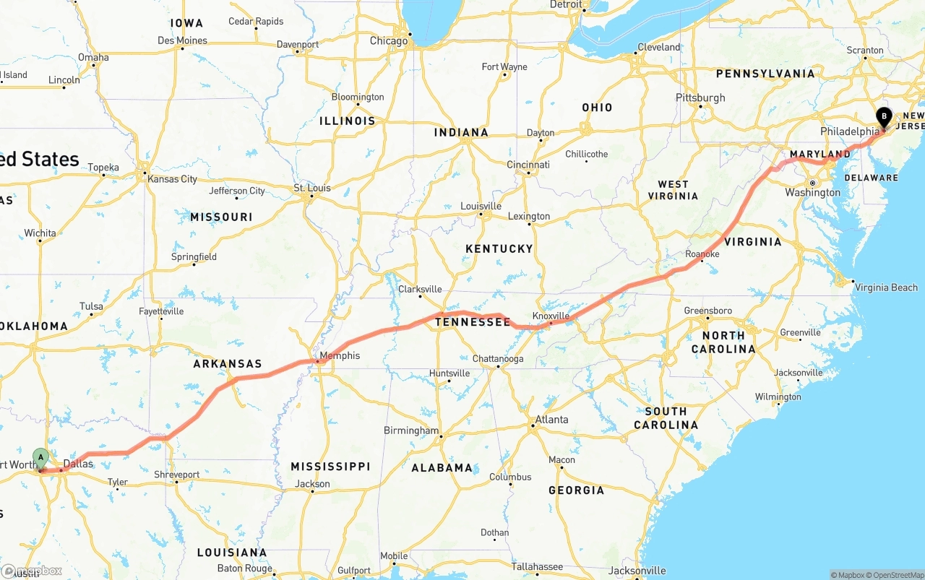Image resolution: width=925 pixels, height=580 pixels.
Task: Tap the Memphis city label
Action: pos(340,355)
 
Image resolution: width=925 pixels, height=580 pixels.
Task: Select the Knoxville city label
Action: pos(551,316)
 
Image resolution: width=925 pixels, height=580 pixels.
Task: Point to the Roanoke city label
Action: pos(702,254)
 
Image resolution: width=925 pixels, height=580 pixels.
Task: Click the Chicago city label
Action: pos(389,41)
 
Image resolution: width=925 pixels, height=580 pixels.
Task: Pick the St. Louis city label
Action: pos(312,189)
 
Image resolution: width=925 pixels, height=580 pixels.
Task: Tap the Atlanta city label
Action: pos(551,420)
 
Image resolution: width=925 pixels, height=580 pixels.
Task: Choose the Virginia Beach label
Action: pos(886,287)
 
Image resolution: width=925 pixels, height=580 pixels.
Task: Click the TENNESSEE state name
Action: pos(473,322)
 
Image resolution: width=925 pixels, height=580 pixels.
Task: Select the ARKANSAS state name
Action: pos(228,364)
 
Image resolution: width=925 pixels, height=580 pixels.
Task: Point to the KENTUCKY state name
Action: pos(499,248)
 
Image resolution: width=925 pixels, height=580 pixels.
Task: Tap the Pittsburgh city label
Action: pos(700,98)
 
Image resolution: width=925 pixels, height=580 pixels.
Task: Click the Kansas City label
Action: pos(172,178)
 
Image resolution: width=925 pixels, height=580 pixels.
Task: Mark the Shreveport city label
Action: pos(176,475)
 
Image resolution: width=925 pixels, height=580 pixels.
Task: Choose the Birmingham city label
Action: pos(411,430)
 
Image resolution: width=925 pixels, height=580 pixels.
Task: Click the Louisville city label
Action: pos(481,206)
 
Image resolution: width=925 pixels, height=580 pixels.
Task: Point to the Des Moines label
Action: pos(182,40)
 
